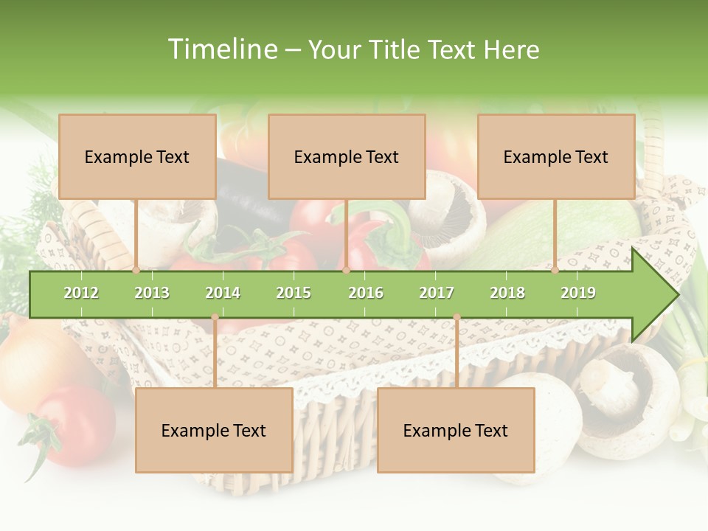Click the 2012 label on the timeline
click(x=81, y=293)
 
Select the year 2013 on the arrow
click(x=152, y=293)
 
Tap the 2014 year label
click(x=223, y=293)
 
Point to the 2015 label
click(x=294, y=293)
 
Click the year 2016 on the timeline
click(x=366, y=293)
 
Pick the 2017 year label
click(x=437, y=293)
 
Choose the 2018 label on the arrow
click(x=507, y=293)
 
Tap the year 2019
click(x=578, y=293)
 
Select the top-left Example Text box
click(x=137, y=156)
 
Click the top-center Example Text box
click(x=347, y=156)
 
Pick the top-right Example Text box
click(x=556, y=156)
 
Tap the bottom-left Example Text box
click(x=214, y=430)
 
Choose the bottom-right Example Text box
click(x=456, y=430)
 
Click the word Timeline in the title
click(x=221, y=49)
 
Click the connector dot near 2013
click(x=136, y=270)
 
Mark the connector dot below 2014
click(x=215, y=317)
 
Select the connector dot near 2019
click(x=555, y=270)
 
